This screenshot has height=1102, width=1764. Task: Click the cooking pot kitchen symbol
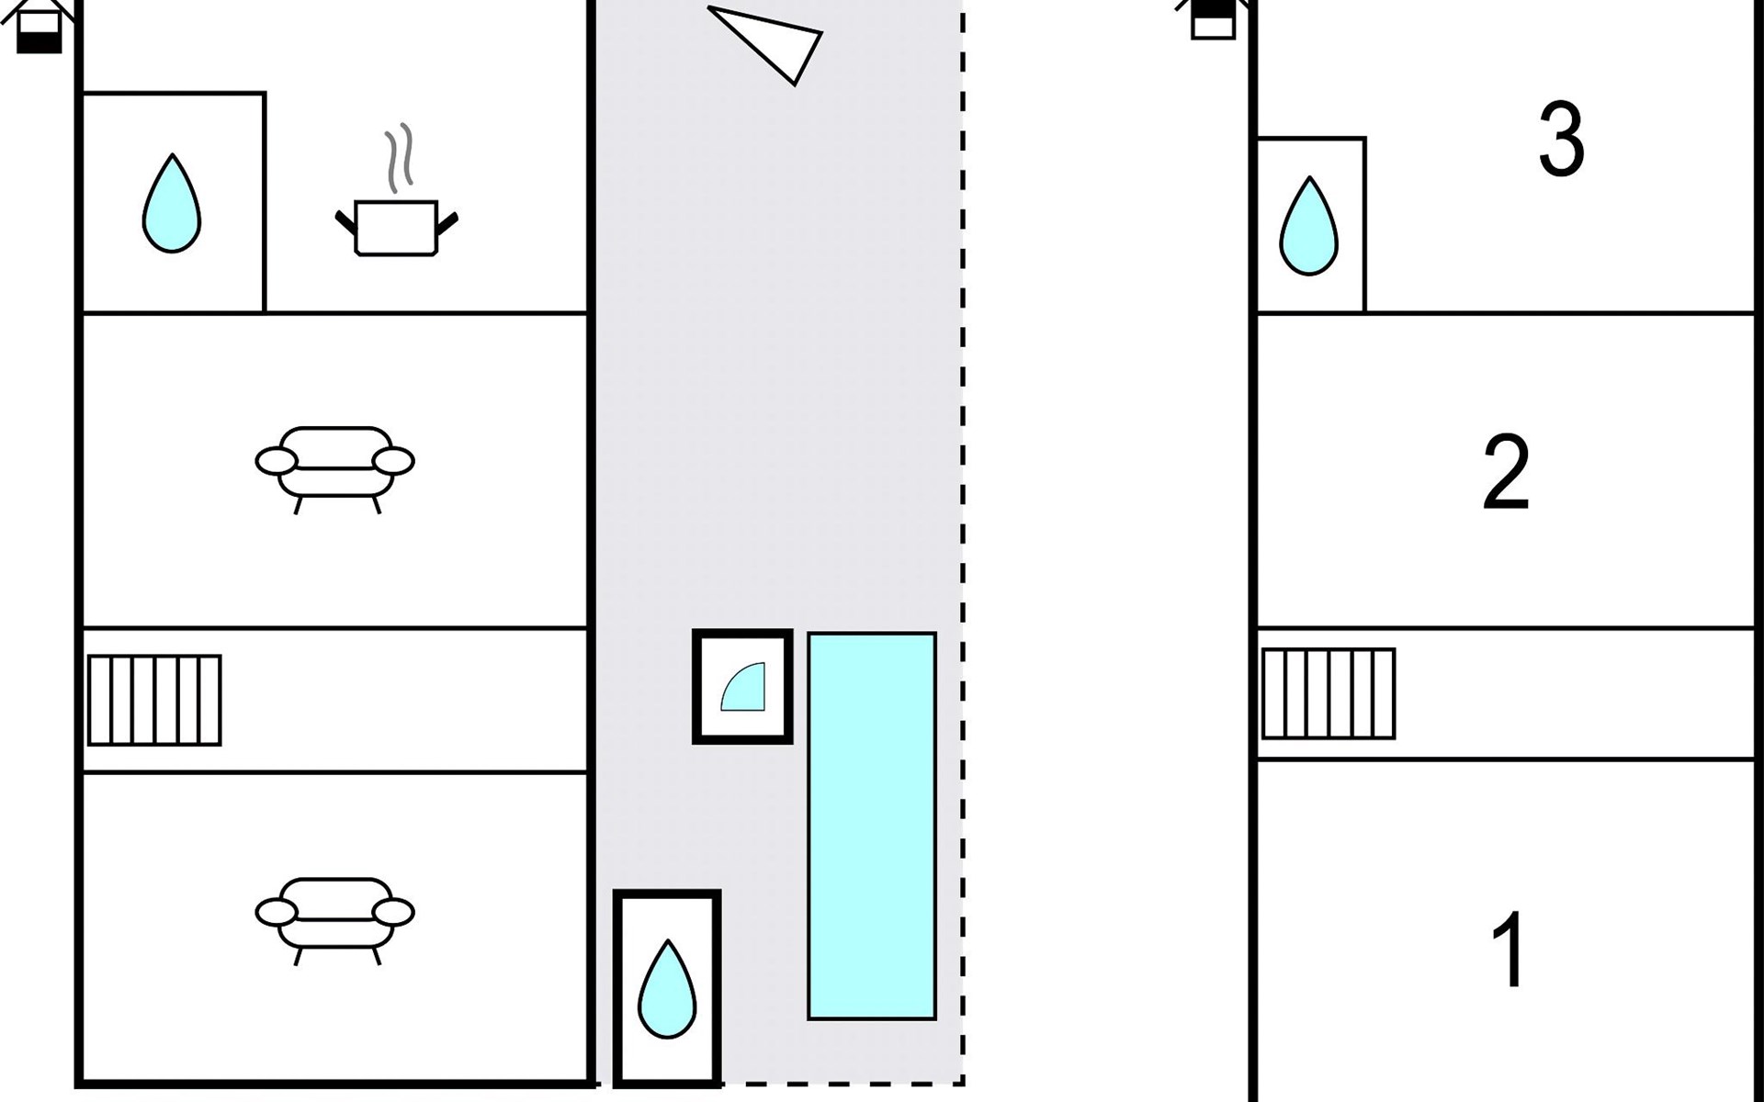coord(396,227)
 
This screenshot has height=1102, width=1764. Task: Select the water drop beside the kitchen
coord(172,203)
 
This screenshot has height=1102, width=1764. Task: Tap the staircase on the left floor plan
coord(154,700)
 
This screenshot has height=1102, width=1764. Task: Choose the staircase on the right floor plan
coord(1329,693)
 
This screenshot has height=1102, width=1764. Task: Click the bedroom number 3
coord(1561,140)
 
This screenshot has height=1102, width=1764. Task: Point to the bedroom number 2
coord(1506,472)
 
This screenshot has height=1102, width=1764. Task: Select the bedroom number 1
coord(1509,950)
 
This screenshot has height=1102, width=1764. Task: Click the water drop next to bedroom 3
coord(1308,226)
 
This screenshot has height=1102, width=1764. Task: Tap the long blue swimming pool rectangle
coord(872,826)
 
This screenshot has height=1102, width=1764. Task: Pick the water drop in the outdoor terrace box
coord(667,989)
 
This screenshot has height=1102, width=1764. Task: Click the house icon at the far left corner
coord(39,26)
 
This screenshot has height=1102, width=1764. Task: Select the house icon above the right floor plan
coord(1213,19)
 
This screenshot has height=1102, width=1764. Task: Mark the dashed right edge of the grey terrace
coord(963,542)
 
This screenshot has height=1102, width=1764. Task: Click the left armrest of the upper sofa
coord(277,461)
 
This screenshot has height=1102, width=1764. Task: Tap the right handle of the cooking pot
coord(447,223)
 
